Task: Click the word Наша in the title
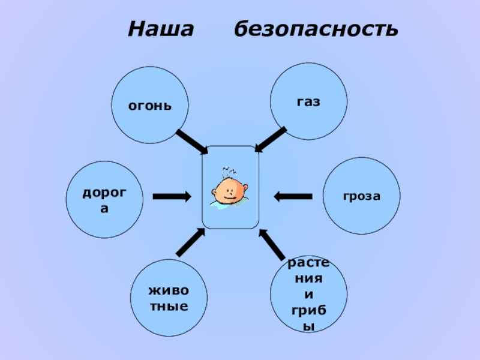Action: click(x=161, y=29)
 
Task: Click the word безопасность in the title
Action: click(x=316, y=29)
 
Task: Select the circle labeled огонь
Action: click(x=150, y=106)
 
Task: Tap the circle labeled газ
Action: click(x=308, y=101)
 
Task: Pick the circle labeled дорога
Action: click(x=104, y=200)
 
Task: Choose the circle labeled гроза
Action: click(x=362, y=196)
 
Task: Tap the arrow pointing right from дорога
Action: click(x=172, y=196)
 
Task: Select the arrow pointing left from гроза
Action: click(x=293, y=196)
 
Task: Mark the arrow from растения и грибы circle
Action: click(x=272, y=244)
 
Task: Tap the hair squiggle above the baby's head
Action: click(x=227, y=170)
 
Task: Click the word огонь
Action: click(x=150, y=106)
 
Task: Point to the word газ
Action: click(x=308, y=101)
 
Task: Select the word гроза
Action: click(x=362, y=196)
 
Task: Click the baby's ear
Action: click(x=215, y=193)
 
